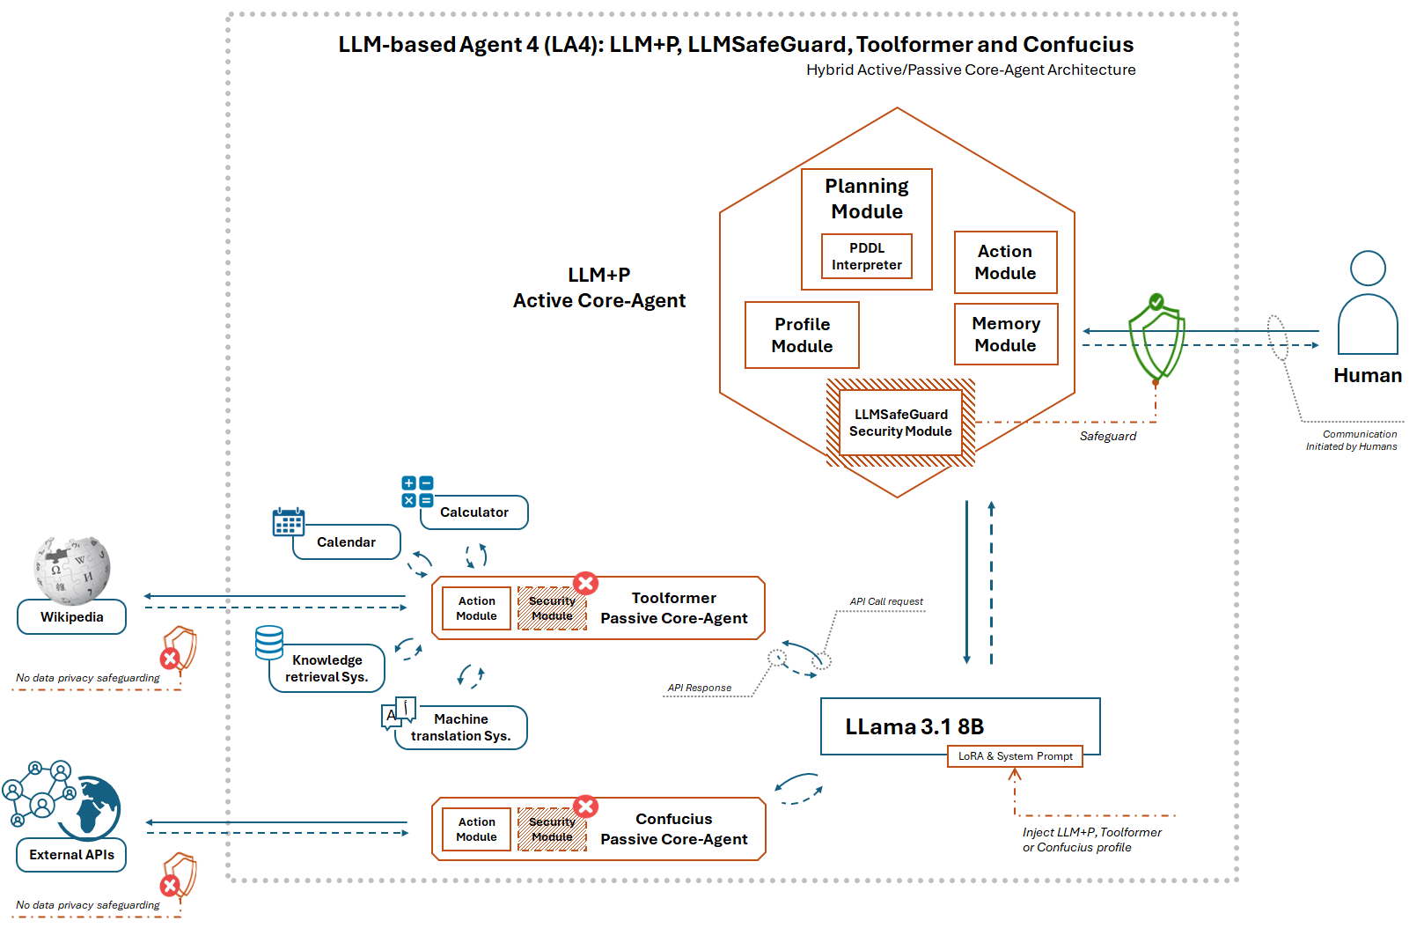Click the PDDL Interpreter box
coord(866,256)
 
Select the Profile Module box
coord(802,335)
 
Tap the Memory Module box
coord(1006,335)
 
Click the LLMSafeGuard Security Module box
coord(900,423)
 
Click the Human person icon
coord(1368,304)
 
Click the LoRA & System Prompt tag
coord(1015,756)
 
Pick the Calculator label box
coord(474,512)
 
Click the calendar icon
coord(289,522)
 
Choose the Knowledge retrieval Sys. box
coord(327,668)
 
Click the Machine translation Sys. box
coord(460,727)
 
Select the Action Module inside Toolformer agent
coord(476,608)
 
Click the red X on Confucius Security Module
coord(586,806)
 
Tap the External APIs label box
coord(71,855)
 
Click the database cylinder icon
coord(269,643)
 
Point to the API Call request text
coord(886,602)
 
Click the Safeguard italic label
coord(1107,437)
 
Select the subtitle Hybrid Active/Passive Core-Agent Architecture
coord(970,70)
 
